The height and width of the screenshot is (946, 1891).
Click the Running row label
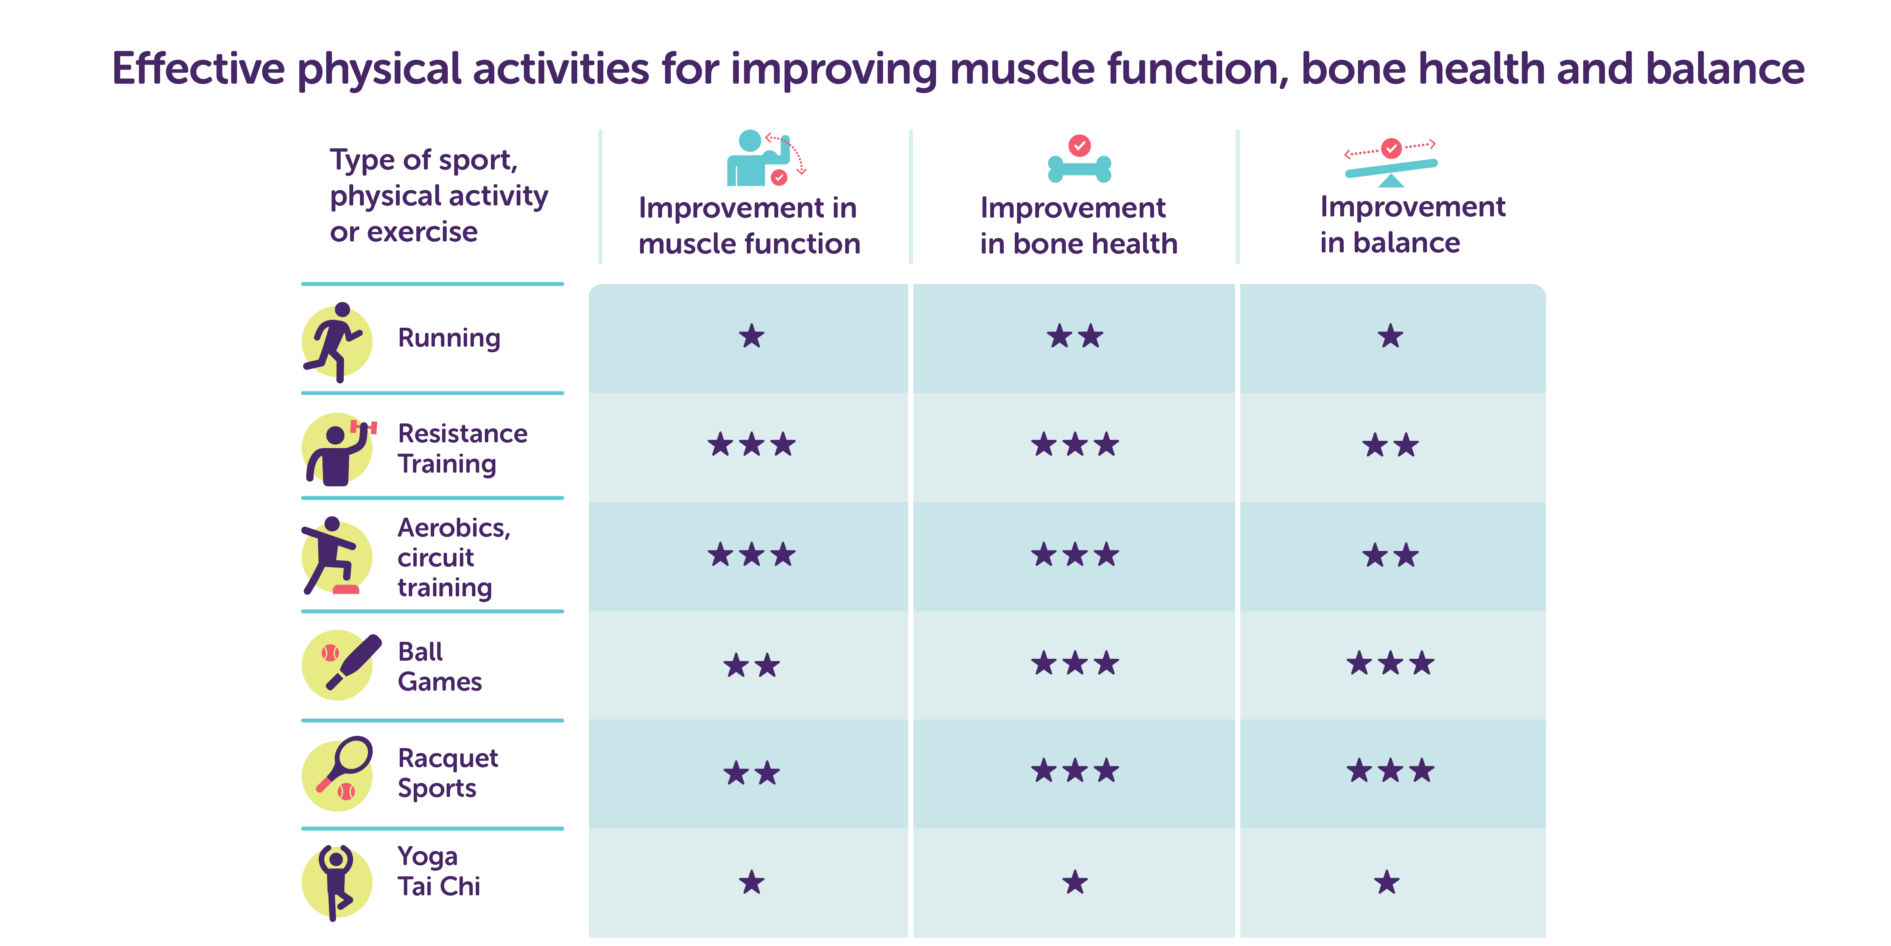449,338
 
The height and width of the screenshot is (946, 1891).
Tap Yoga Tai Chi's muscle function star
752,881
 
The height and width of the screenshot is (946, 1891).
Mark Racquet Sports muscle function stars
752,773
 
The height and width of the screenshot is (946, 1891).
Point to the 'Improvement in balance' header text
1412,224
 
